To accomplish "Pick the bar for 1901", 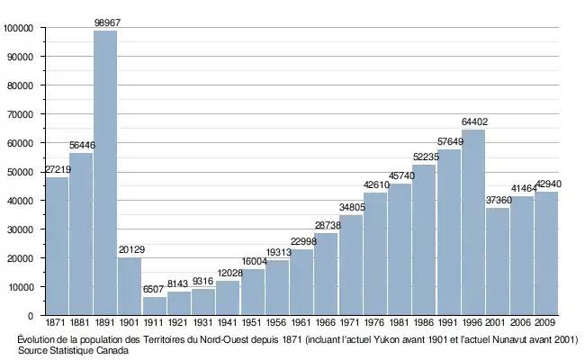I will coord(130,286).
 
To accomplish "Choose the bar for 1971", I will coord(350,265).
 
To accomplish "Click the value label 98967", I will coord(105,22).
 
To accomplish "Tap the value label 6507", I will coord(154,289).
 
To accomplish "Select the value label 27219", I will coord(57,169).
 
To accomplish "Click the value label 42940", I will coord(547,184).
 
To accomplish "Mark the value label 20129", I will coord(130,250).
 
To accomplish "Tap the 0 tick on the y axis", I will coord(31,316).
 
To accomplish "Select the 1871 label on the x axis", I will coord(57,322).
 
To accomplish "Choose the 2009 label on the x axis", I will coord(545,322).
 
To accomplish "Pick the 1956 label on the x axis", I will coord(276,322).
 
